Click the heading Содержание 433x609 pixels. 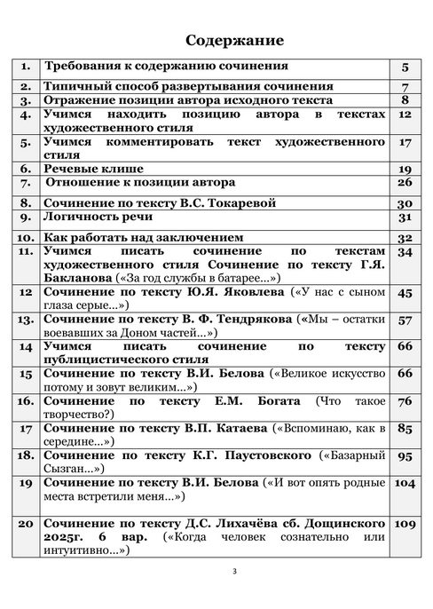234,41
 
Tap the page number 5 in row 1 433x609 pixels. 404,67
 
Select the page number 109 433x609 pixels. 404,525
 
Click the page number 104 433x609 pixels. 404,483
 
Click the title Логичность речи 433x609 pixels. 95,218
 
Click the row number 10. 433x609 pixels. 26,237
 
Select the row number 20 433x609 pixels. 26,525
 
